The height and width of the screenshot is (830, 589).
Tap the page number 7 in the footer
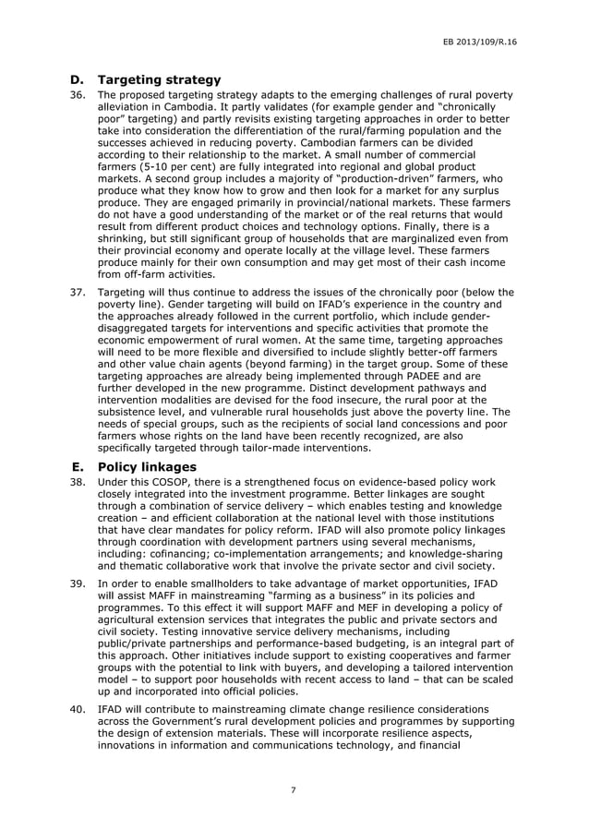tap(293, 790)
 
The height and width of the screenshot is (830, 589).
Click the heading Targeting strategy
tap(159, 79)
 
